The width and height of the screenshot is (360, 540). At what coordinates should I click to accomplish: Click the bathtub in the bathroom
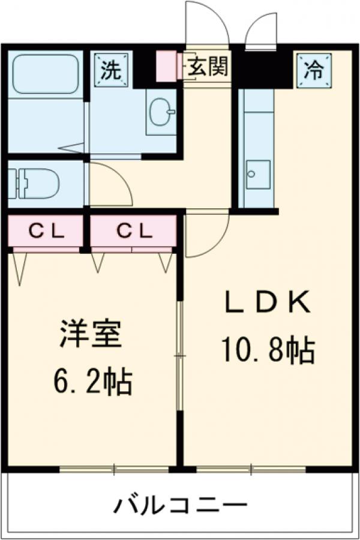click(x=46, y=75)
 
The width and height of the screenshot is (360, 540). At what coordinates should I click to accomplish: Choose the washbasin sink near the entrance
click(x=161, y=112)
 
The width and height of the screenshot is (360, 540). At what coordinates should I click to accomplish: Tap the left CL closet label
click(x=46, y=229)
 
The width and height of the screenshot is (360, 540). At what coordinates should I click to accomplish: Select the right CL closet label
click(x=134, y=229)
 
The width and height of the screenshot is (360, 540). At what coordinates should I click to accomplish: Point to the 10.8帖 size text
click(x=268, y=350)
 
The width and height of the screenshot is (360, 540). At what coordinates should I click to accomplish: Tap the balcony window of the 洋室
click(x=114, y=468)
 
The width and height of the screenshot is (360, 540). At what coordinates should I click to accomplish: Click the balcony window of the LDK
click(x=252, y=468)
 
